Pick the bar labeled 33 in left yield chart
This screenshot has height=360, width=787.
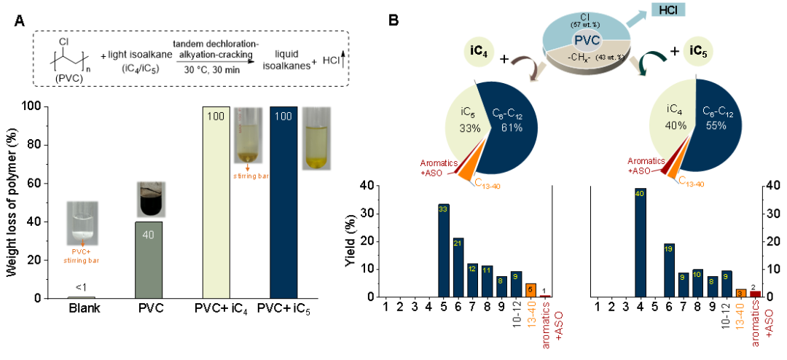coord(443,251)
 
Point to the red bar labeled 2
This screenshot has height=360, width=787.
coord(755,294)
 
